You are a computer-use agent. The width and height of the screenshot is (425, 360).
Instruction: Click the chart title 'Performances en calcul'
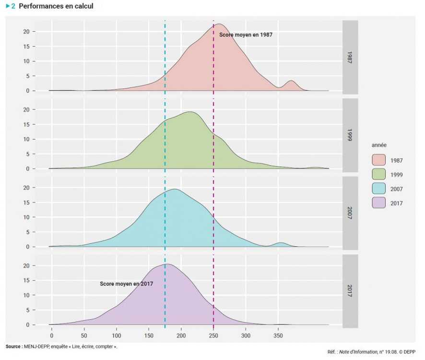tap(56, 6)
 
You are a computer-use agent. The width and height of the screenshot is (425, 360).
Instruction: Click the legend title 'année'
tap(379, 145)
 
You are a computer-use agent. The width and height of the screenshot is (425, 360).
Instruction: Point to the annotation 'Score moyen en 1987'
tap(246, 35)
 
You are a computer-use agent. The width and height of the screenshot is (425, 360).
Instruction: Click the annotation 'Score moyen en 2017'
tap(126, 284)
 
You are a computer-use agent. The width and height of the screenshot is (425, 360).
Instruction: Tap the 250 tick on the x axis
tap(213, 335)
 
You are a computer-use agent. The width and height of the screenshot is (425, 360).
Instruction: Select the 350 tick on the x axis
tap(278, 335)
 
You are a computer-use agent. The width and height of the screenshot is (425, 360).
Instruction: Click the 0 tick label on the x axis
tap(52, 335)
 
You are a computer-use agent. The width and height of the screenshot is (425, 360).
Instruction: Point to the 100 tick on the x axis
tap(117, 335)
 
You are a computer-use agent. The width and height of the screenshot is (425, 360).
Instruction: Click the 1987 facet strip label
tap(350, 57)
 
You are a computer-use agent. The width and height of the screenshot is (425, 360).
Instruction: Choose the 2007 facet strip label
tap(350, 213)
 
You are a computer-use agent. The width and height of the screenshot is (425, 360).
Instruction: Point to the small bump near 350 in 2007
tap(281, 243)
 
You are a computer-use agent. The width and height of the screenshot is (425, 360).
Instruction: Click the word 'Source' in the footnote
tap(13, 346)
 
